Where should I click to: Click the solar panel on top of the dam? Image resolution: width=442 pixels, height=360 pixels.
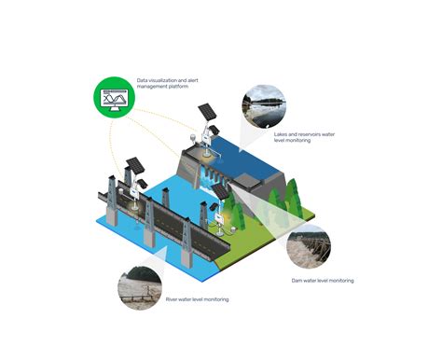pyautogui.click(x=206, y=111)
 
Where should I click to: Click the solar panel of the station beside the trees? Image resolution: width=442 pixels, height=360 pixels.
pyautogui.click(x=220, y=191)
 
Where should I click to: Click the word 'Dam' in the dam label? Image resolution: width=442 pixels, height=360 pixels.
pyautogui.click(x=297, y=280)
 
